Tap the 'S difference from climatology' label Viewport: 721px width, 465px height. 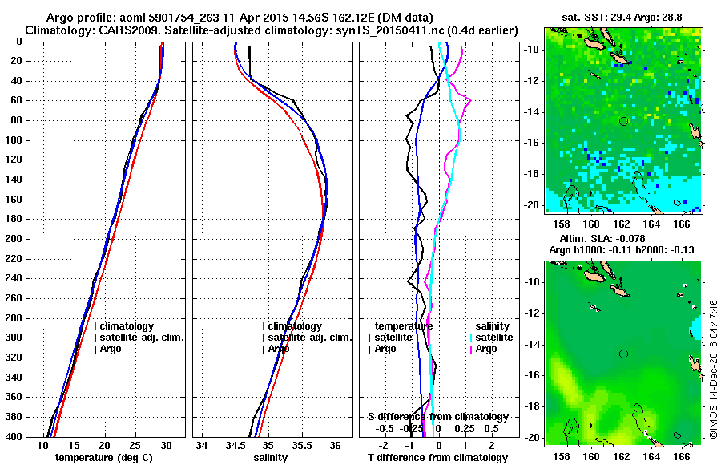437,417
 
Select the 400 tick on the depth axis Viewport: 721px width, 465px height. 15,437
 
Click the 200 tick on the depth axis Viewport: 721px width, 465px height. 15,239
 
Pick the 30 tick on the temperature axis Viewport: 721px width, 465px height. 166,445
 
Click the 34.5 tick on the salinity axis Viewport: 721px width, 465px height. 235,445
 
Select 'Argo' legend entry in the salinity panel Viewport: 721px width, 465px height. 278,349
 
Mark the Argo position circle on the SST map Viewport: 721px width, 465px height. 623,121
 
